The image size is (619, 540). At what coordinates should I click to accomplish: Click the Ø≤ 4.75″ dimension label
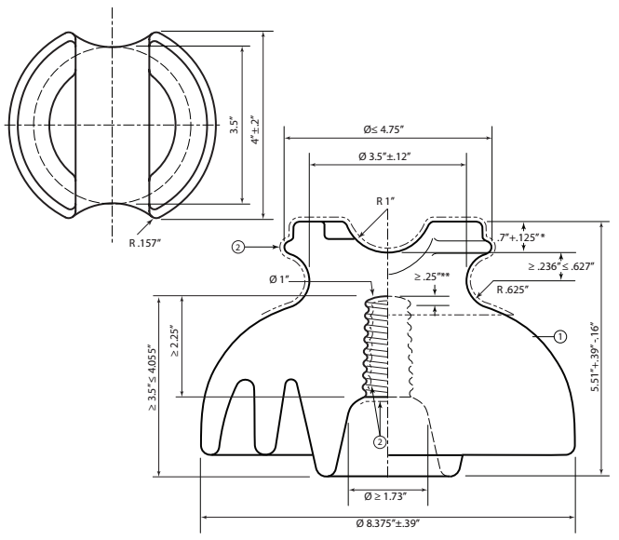tap(384, 129)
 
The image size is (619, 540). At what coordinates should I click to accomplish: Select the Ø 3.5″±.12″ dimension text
tap(385, 156)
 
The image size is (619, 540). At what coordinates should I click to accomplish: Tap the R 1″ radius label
tap(385, 201)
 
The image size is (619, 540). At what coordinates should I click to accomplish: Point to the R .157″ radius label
tap(145, 243)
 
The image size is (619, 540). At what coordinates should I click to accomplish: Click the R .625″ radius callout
tap(512, 290)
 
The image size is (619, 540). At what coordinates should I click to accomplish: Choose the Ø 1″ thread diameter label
tap(279, 280)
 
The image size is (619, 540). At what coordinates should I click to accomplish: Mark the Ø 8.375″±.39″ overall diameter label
tap(387, 523)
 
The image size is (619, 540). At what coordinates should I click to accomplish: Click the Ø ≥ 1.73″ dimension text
tap(385, 496)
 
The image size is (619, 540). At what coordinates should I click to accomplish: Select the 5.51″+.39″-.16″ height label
tap(595, 358)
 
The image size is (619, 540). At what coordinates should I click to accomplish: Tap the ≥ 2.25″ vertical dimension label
tap(175, 341)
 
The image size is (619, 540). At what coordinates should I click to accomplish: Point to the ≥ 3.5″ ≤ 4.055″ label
tap(153, 378)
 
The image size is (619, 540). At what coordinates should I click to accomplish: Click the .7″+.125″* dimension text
tap(521, 237)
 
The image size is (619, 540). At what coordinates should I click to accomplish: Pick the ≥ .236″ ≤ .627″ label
tap(561, 266)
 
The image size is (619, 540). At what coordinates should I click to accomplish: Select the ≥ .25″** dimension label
tap(432, 277)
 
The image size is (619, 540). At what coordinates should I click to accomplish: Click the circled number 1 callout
tap(560, 337)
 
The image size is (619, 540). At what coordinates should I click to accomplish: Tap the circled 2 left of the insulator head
tap(238, 248)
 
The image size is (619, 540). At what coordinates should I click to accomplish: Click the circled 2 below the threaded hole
tap(380, 442)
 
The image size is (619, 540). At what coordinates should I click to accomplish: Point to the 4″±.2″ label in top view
tap(256, 129)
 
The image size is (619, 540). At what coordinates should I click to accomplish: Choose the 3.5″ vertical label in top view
tap(234, 125)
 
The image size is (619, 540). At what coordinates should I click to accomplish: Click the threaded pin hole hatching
tap(376, 347)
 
